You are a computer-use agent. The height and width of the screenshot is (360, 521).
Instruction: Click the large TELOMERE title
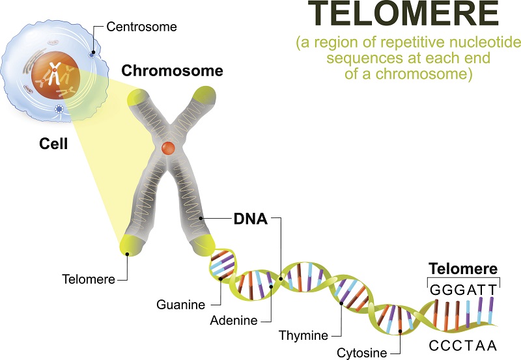click(x=403, y=13)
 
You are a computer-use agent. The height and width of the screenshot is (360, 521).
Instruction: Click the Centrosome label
click(x=141, y=27)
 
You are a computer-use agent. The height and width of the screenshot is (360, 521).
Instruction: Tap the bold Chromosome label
click(x=172, y=71)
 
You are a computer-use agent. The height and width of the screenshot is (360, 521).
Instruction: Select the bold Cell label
click(x=53, y=144)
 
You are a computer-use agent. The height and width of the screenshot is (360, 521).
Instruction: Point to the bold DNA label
click(x=251, y=219)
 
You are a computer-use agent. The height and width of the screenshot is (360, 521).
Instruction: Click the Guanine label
click(x=181, y=305)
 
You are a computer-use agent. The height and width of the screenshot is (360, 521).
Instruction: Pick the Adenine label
click(x=234, y=320)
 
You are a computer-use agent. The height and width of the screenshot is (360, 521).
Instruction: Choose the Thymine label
click(x=303, y=335)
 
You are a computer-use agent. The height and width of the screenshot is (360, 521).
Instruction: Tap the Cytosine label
click(x=362, y=353)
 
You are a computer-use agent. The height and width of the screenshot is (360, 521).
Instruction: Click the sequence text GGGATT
click(x=464, y=290)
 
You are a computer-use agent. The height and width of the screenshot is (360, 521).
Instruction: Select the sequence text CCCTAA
click(x=463, y=346)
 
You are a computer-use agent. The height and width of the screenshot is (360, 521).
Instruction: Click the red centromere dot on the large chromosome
click(x=168, y=148)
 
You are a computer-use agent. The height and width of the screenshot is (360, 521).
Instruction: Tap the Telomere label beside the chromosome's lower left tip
click(x=89, y=279)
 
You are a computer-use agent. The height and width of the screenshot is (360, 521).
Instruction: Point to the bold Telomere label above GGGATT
click(x=463, y=268)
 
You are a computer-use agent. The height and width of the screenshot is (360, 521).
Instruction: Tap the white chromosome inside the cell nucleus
click(x=53, y=74)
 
